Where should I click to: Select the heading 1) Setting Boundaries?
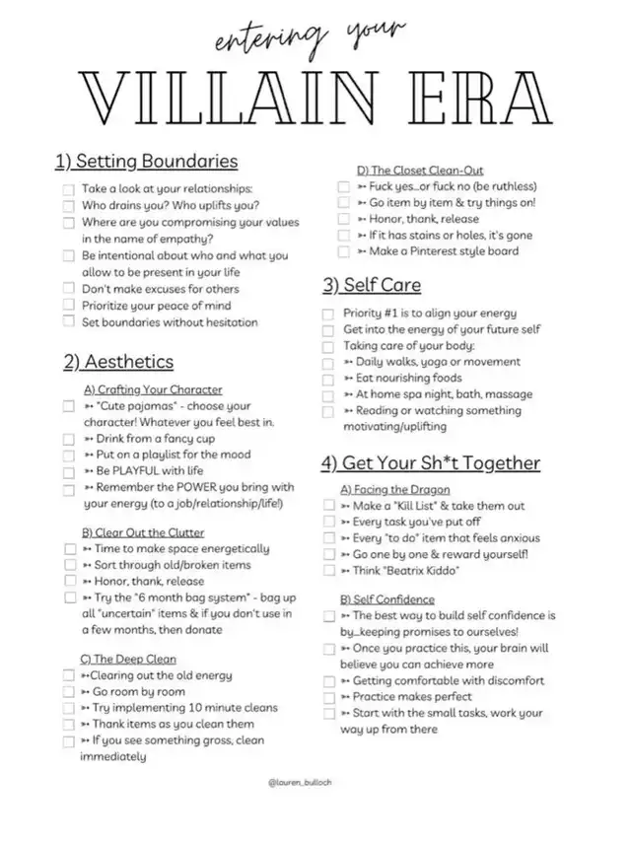coord(146,160)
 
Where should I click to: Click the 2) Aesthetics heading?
coord(118,362)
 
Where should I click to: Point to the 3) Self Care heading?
coord(371,285)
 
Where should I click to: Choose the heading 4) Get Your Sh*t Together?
coord(430,462)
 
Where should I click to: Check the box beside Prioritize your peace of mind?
coord(69,306)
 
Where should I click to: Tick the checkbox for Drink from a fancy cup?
coord(69,439)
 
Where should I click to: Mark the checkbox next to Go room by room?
coord(69,692)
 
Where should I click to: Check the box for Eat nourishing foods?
coord(329,379)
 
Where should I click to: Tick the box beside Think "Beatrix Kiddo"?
coord(329,570)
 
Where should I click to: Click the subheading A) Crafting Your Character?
coord(153,389)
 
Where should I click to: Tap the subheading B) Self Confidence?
coord(387,598)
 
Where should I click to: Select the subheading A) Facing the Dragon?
coord(395,489)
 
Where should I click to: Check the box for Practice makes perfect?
coord(329,697)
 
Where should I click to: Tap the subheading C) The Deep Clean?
coord(128,659)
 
